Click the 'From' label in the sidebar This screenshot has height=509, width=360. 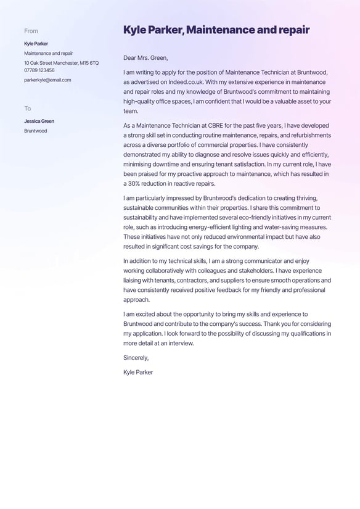tap(31, 31)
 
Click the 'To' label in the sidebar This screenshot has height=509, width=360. tap(28, 109)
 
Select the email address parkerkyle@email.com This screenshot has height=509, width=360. tap(47, 80)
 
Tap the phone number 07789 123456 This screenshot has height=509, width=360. tap(39, 70)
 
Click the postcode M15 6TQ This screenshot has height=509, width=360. tap(89, 63)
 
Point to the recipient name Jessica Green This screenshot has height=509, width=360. tap(39, 122)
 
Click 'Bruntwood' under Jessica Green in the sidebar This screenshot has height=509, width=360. tap(36, 131)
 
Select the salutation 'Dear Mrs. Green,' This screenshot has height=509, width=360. tap(145, 58)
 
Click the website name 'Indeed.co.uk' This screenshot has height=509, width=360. tap(183, 82)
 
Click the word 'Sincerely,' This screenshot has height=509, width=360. tap(136, 358)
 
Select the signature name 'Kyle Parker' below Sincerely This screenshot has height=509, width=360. tap(138, 373)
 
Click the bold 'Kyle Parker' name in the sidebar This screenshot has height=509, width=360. tap(36, 44)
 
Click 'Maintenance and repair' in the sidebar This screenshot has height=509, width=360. tap(48, 54)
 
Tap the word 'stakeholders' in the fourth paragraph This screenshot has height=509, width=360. tap(245, 271)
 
